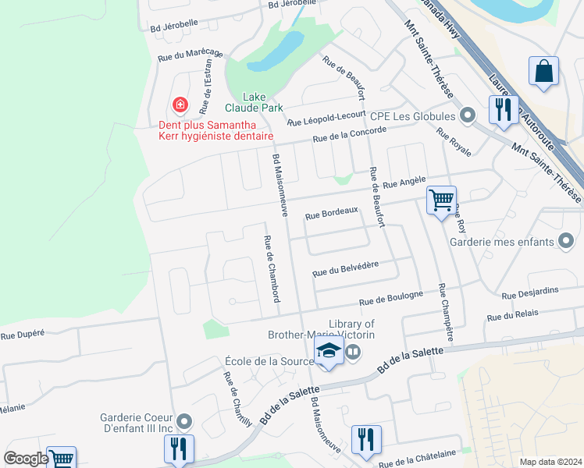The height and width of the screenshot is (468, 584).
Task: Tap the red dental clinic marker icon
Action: [x=180, y=105]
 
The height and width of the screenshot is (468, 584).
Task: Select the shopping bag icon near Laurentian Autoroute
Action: [x=543, y=71]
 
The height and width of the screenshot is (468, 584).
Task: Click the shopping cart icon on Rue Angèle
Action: [x=441, y=200]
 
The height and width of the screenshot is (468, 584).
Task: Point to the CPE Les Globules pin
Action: [x=468, y=116]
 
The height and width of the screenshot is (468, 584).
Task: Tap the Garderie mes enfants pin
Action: [x=567, y=242]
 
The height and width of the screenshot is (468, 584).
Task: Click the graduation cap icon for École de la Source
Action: [x=329, y=351]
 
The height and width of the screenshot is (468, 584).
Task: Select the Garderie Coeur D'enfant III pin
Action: [x=184, y=422]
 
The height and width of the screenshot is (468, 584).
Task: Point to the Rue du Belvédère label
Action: [x=345, y=269]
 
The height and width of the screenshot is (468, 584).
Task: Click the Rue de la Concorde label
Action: [x=349, y=134]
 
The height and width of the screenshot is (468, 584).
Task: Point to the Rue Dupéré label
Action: [x=23, y=335]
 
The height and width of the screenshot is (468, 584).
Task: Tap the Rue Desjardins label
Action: [x=530, y=292]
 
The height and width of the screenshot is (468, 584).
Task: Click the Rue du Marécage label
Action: [x=190, y=55]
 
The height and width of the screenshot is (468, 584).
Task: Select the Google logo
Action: [x=26, y=459]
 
